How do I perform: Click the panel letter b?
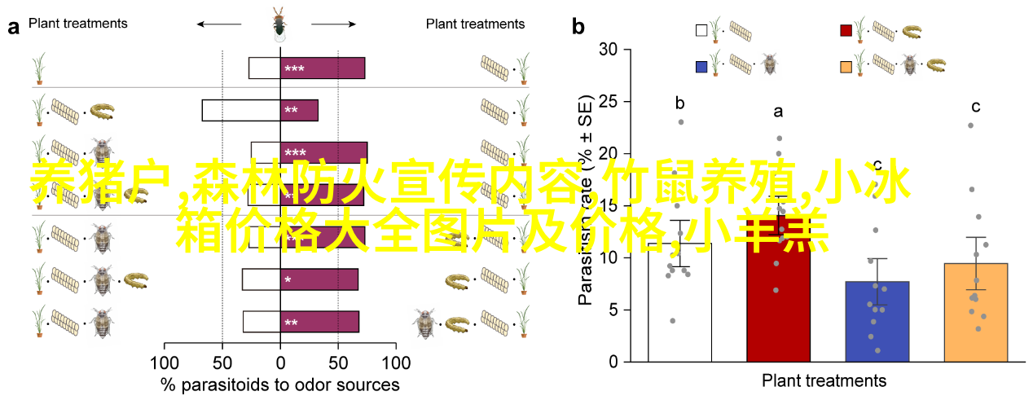pos(578,27)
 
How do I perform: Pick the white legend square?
pos(701,31)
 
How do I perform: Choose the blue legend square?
pos(701,64)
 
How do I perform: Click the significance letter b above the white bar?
pos(679,103)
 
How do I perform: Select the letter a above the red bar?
pos(778,112)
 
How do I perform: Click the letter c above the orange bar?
pos(975,106)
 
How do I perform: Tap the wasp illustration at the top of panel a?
pos(279,24)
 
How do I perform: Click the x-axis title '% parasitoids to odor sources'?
pos(280,385)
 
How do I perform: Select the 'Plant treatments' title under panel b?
pos(824,380)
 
